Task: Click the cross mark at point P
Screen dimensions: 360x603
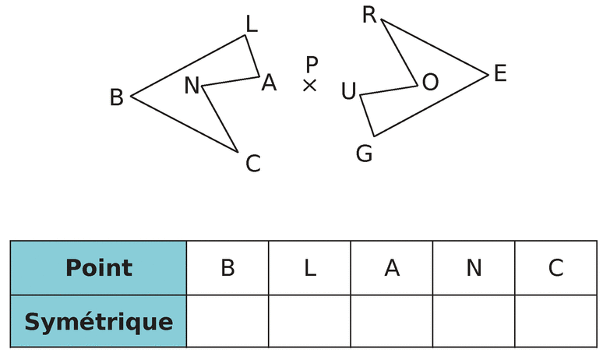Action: pos(309,85)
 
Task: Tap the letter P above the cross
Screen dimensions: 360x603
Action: pos(312,64)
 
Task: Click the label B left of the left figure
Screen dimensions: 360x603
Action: pos(117,97)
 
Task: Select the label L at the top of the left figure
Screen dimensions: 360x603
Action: pos(251,24)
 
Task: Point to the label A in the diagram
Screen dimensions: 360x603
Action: pos(269,83)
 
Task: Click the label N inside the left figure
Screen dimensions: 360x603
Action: pos(192,86)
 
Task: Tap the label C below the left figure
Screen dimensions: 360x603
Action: pos(252,164)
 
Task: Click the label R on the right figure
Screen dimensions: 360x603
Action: pos(370,15)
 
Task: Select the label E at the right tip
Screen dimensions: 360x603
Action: pos(500,74)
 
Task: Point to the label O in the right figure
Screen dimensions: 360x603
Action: pos(430,82)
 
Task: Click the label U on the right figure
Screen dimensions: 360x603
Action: pos(348,92)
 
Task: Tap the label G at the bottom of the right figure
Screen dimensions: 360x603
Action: pos(364,154)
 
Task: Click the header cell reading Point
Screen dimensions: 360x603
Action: pos(99,268)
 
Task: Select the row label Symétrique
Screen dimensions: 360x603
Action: pos(99,321)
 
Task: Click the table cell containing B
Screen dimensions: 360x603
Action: pos(227,268)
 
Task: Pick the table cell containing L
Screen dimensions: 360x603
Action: pos(309,268)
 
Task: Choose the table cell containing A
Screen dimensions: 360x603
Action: pos(392,268)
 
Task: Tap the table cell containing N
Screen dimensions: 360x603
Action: pos(474,268)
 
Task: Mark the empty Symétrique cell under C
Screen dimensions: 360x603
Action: pos(555,321)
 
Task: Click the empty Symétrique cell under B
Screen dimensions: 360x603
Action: pos(227,321)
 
